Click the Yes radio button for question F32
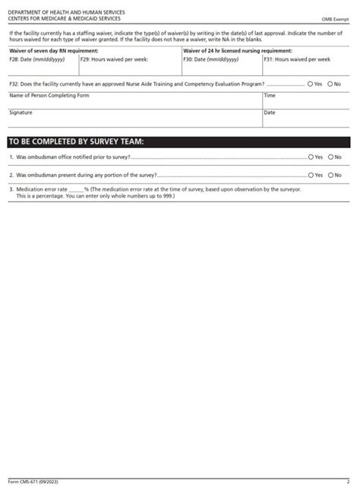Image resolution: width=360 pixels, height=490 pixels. (x=311, y=84)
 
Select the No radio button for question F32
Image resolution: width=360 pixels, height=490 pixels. (x=330, y=84)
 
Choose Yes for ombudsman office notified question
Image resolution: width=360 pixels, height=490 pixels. (x=311, y=157)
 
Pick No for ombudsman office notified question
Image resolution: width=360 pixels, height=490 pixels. (x=330, y=157)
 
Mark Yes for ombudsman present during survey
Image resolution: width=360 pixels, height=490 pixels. (x=311, y=175)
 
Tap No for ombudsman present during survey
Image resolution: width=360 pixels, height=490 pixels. (x=330, y=175)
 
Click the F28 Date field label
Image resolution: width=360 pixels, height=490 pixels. (x=30, y=58)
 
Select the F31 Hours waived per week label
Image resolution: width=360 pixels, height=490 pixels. (x=297, y=58)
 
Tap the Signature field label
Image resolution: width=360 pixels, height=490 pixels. (x=21, y=112)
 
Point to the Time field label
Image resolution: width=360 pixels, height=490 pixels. (x=270, y=96)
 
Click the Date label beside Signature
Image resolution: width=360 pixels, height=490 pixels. (x=270, y=112)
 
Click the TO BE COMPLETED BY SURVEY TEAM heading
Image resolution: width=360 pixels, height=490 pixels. (x=75, y=142)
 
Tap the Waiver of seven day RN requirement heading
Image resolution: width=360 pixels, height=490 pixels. (x=53, y=51)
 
